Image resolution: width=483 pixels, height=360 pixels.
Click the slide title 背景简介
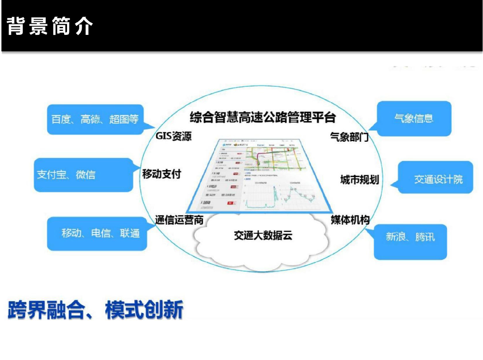click(x=50, y=27)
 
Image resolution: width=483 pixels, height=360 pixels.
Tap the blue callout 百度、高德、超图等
click(x=95, y=119)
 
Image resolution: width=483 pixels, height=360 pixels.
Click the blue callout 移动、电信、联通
click(x=100, y=233)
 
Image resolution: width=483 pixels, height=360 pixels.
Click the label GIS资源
click(x=174, y=137)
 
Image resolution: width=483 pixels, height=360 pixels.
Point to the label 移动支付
click(x=161, y=174)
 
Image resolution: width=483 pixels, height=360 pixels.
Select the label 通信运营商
click(x=179, y=220)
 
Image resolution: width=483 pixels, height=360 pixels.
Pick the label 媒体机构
click(x=350, y=220)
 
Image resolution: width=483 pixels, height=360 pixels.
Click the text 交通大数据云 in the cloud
click(x=263, y=235)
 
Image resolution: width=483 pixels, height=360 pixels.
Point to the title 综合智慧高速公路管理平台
click(x=263, y=117)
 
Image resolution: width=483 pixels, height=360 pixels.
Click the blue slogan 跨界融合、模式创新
click(x=95, y=310)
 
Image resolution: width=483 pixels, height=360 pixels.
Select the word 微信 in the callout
click(x=85, y=175)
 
